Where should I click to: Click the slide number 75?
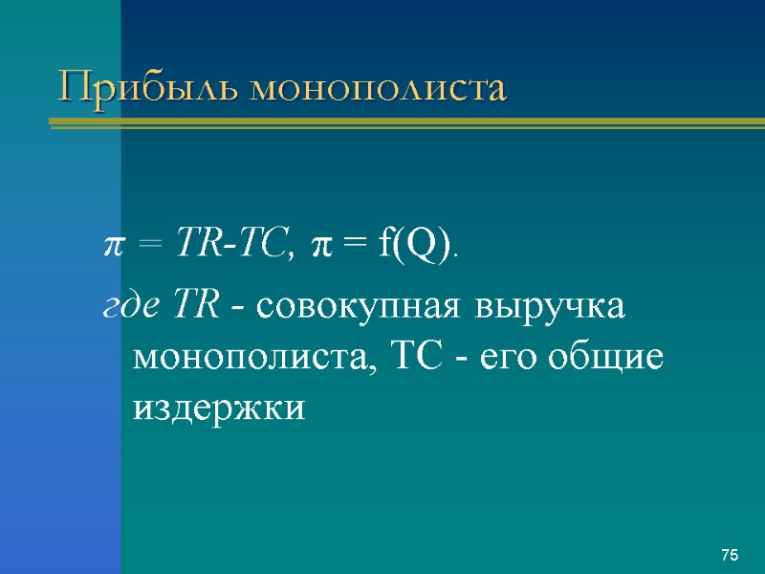(x=730, y=556)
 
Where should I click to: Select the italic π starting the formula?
(x=111, y=250)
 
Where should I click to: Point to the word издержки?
(x=219, y=408)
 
